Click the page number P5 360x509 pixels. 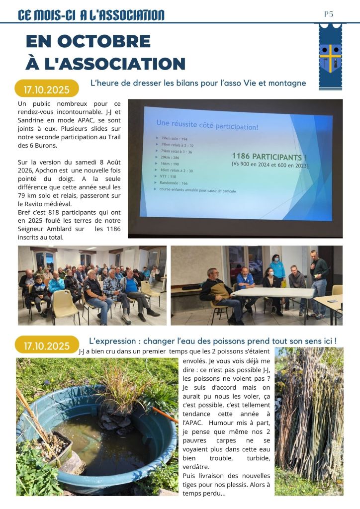(x=329, y=14)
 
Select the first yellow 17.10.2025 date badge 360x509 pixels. (x=47, y=89)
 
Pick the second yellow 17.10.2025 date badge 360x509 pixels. (x=47, y=344)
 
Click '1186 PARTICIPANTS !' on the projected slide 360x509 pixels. (x=269, y=157)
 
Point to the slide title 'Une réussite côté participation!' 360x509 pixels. (x=207, y=124)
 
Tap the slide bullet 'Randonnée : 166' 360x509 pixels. (x=177, y=183)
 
